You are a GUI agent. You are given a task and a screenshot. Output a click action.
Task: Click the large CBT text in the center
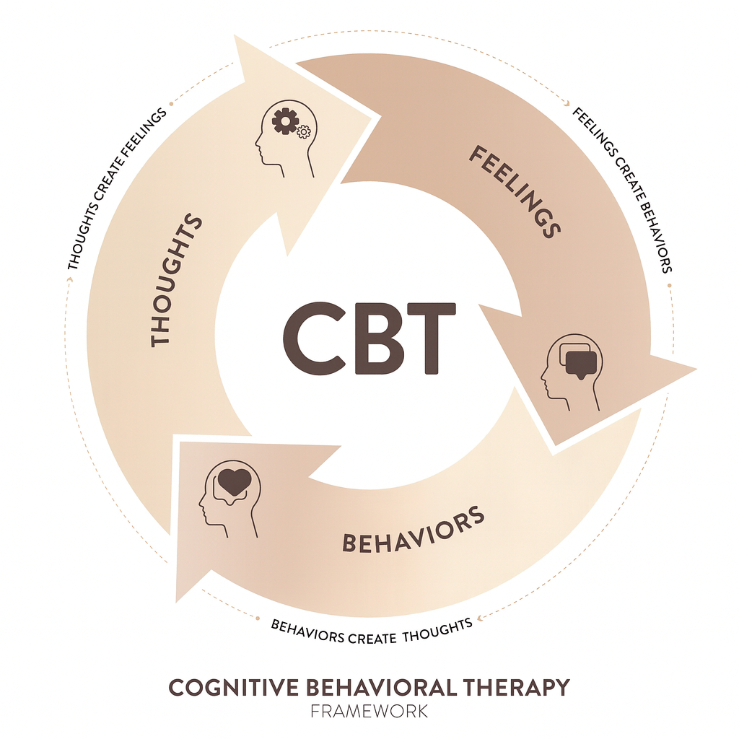(369, 337)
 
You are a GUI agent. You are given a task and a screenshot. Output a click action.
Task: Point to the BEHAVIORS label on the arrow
(413, 530)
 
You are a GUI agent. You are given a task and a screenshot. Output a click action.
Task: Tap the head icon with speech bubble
(571, 371)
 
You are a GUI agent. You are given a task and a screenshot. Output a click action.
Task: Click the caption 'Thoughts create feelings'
(116, 189)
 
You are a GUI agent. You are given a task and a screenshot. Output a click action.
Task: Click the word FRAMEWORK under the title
(369, 711)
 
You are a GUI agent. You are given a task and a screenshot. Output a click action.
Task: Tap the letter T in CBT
(429, 337)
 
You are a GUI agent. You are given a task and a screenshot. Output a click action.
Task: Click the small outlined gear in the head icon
(304, 131)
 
